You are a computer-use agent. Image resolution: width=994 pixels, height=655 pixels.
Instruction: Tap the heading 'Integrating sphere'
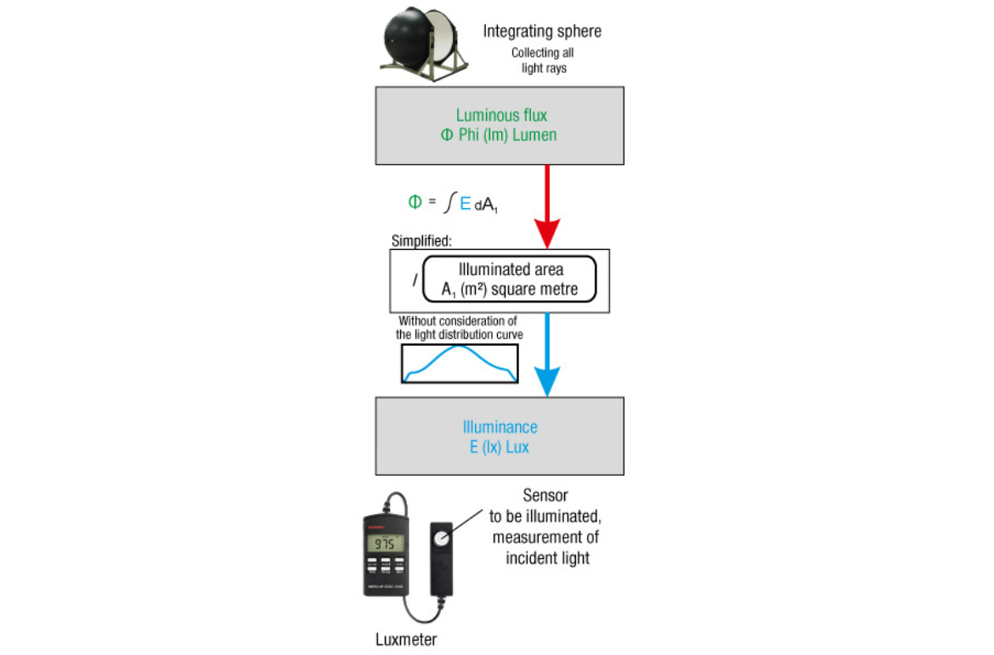pyautogui.click(x=542, y=31)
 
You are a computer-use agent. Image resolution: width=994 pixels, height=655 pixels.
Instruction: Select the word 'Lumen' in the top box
pyautogui.click(x=535, y=135)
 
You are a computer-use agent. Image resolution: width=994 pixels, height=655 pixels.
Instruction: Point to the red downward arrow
pyautogui.click(x=546, y=205)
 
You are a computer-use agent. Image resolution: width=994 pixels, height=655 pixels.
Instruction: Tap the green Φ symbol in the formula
pyautogui.click(x=415, y=202)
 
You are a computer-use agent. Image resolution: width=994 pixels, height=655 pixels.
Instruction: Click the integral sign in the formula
pyautogui.click(x=449, y=204)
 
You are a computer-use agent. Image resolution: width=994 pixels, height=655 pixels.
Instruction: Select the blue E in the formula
pyautogui.click(x=465, y=204)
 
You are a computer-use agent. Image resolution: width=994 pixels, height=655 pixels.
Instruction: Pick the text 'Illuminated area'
pyautogui.click(x=510, y=270)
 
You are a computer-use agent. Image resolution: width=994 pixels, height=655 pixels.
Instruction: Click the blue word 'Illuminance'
pyautogui.click(x=500, y=427)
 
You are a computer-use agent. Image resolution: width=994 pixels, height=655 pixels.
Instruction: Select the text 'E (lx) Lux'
pyautogui.click(x=500, y=447)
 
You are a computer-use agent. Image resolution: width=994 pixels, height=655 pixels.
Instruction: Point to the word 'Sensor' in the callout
pyautogui.click(x=545, y=495)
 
